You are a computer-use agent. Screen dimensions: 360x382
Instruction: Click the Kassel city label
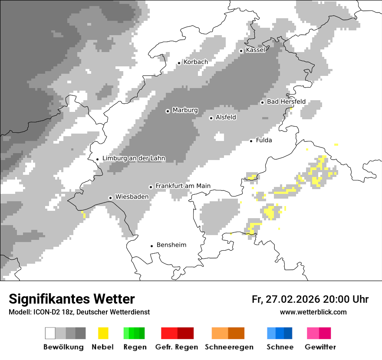tap(255, 50)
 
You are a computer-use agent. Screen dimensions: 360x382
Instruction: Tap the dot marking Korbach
tap(179, 63)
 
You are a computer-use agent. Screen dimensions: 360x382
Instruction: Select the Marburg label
tap(185, 110)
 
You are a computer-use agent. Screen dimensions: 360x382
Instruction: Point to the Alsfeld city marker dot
tap(211, 118)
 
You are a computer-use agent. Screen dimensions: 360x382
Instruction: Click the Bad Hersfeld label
tap(286, 101)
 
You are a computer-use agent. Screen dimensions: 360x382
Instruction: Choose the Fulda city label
tap(264, 140)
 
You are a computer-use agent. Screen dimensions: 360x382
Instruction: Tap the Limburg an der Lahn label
tap(134, 158)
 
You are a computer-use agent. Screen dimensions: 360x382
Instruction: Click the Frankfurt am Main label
tap(183, 186)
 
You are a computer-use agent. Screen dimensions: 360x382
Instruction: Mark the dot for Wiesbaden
tap(111, 198)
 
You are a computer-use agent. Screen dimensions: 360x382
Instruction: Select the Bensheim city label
tap(171, 245)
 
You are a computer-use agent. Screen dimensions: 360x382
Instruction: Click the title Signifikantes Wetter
tap(72, 299)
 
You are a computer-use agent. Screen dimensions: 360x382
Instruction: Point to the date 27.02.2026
tap(292, 299)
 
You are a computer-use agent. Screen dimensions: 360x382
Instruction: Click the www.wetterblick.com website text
tap(313, 312)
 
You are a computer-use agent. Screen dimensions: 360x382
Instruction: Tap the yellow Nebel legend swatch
tap(103, 333)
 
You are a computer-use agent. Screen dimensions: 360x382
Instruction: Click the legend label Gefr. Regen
tap(176, 347)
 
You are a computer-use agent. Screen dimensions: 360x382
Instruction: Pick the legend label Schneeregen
tap(229, 347)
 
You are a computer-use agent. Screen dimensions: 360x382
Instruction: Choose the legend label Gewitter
tap(320, 347)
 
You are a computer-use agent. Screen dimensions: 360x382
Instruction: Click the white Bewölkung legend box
tap(50, 333)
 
